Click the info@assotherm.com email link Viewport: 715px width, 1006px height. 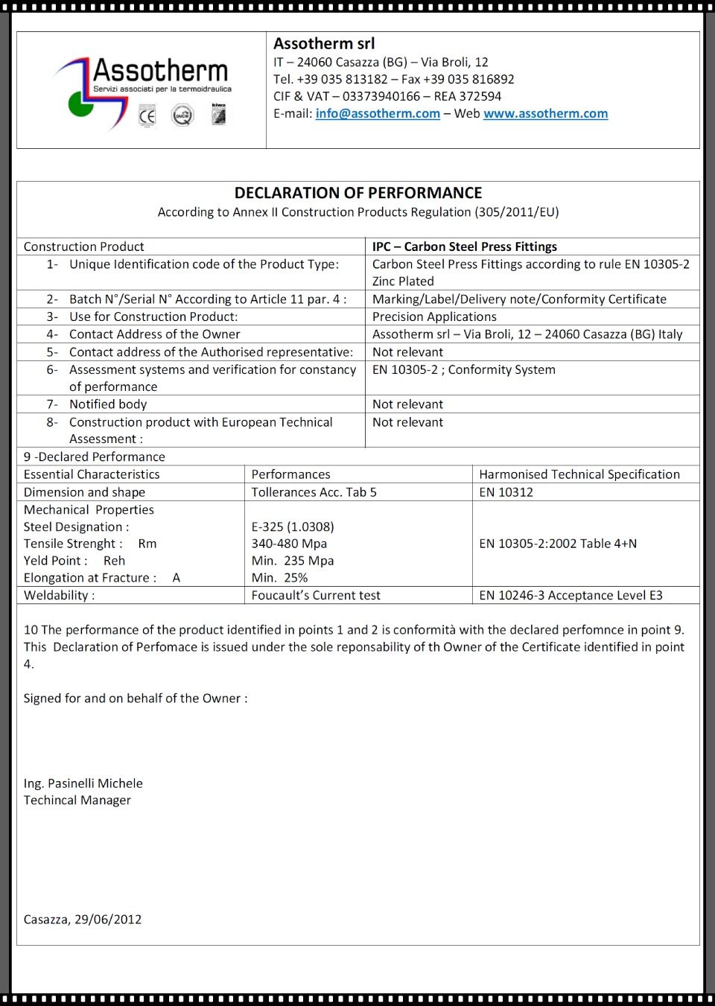(377, 114)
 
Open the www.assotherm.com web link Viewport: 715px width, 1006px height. (545, 114)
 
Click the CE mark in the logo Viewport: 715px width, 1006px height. (147, 116)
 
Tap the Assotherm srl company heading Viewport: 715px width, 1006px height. (324, 44)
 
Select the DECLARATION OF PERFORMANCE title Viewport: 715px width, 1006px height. (357, 193)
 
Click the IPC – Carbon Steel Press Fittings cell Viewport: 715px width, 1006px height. (464, 246)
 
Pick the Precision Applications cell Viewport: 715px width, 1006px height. (434, 316)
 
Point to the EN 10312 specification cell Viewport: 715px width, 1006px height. (506, 492)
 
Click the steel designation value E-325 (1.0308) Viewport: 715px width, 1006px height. (292, 526)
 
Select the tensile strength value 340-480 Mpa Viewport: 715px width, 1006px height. (289, 544)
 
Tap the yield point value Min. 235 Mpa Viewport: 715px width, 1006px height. (292, 561)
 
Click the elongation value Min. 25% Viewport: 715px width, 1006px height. (279, 578)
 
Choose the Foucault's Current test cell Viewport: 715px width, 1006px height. (315, 596)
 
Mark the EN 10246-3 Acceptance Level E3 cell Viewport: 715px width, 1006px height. (571, 596)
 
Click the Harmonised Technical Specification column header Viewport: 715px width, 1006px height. (579, 474)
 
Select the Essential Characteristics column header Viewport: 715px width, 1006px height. (92, 474)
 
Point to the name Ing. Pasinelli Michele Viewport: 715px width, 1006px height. (83, 783)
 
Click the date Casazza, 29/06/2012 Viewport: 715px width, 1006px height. (82, 920)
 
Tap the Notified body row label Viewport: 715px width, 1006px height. (108, 404)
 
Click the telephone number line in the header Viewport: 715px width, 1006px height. (393, 80)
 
